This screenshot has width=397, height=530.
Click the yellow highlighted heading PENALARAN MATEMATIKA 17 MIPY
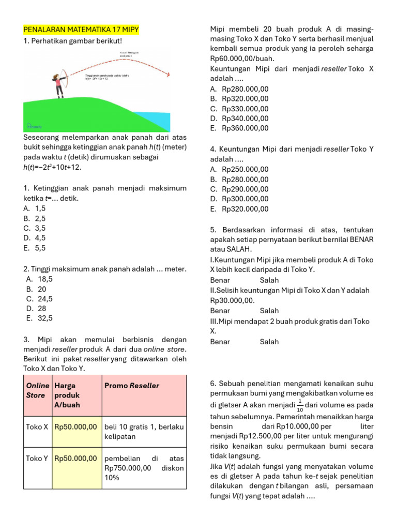(81, 30)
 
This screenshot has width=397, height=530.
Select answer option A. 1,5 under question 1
(35, 208)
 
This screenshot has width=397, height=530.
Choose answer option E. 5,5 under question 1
(35, 248)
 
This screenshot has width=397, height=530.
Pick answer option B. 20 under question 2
(36, 289)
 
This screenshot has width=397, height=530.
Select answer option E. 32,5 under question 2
(39, 318)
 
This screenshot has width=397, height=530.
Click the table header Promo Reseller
(132, 386)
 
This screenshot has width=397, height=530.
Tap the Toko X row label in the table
(37, 426)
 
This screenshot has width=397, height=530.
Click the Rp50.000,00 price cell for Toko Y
(75, 458)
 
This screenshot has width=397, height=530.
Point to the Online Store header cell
(37, 390)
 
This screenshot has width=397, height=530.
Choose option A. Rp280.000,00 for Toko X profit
(239, 89)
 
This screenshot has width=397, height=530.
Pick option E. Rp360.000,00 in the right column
(239, 128)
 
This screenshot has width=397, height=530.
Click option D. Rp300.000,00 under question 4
(239, 199)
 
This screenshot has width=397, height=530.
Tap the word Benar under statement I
(220, 280)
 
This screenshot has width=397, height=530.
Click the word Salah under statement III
(269, 342)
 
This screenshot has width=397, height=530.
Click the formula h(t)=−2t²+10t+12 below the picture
(52, 167)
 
